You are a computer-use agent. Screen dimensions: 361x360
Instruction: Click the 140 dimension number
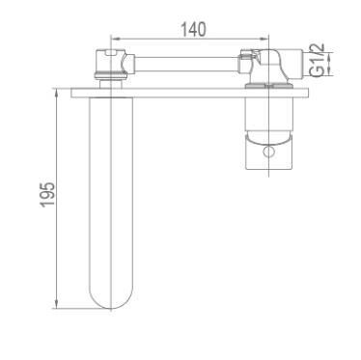click(193, 30)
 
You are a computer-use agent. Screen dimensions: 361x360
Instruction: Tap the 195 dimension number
click(47, 195)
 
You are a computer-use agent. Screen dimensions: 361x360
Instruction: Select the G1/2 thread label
click(318, 60)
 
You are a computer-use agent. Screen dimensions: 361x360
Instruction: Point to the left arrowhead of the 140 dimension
click(115, 39)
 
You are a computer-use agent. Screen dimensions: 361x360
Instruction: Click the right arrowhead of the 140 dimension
click(264, 39)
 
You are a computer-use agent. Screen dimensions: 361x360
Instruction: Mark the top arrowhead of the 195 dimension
click(57, 94)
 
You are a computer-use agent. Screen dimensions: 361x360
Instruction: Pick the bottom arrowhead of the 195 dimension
click(57, 304)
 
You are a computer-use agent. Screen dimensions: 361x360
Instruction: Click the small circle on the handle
click(267, 152)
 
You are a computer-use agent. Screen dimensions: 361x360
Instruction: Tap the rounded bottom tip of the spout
click(111, 308)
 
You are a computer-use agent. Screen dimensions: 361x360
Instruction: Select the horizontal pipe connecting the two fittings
click(186, 64)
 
